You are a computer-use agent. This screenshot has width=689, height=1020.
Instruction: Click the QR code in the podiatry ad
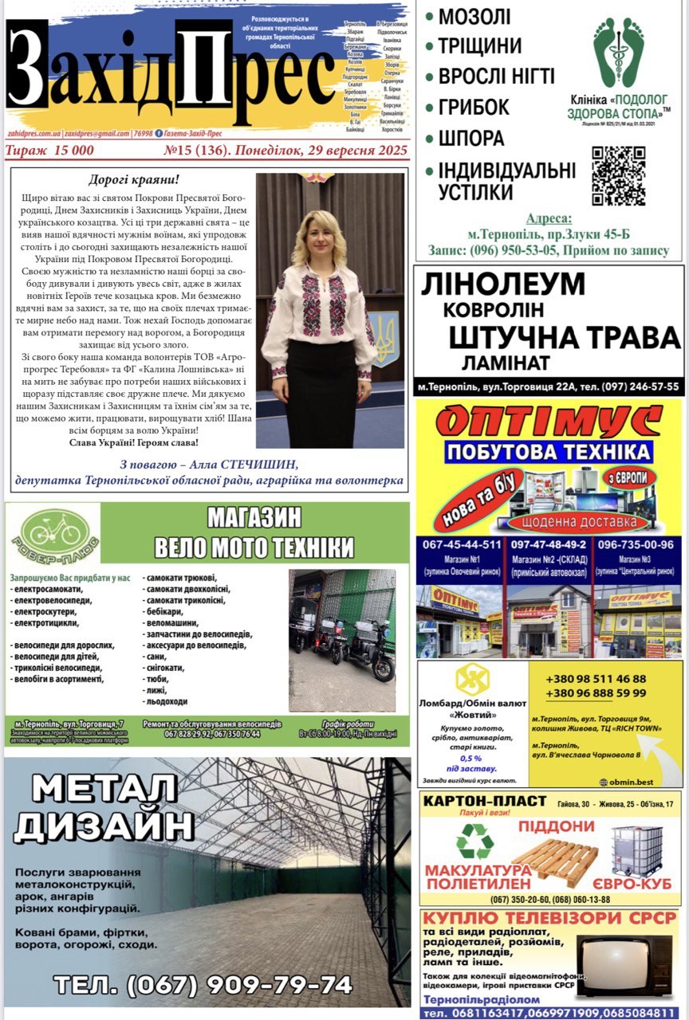coord(618,175)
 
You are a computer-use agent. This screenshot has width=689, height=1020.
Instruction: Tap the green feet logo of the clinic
coord(618,52)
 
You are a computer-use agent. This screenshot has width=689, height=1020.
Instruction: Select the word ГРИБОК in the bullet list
coord(474,107)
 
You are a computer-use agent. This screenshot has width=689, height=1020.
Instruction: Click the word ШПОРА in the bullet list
coord(470,138)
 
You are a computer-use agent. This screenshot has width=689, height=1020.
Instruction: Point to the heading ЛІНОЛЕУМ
coord(503,284)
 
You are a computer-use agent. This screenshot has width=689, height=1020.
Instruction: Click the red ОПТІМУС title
coord(549,421)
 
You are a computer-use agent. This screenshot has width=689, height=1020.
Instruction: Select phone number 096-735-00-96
coord(636,545)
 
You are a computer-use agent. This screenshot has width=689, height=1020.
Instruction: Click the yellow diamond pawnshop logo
coord(472,678)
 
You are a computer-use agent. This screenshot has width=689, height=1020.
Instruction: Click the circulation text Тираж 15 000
coord(49,150)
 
